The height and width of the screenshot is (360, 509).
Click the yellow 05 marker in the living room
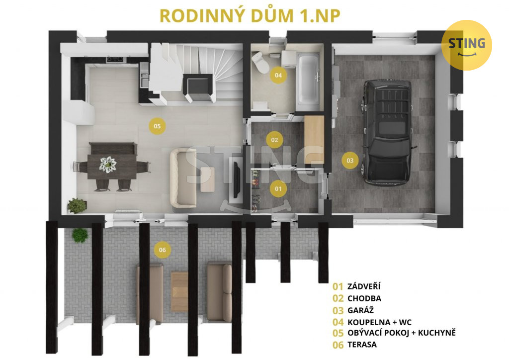click(157, 126)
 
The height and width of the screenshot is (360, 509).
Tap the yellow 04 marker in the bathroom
click(278, 75)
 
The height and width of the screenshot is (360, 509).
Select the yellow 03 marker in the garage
click(350, 161)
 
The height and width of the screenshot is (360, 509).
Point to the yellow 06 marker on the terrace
click(163, 250)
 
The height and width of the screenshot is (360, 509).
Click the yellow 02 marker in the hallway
click(274, 140)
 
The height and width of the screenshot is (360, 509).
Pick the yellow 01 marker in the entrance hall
click(278, 189)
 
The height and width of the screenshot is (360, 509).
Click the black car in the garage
click(388, 132)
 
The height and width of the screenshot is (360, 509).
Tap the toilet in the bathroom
click(260, 62)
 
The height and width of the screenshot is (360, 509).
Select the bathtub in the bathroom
click(308, 79)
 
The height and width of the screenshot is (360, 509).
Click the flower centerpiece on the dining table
click(108, 164)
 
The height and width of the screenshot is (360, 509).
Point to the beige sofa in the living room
click(183, 178)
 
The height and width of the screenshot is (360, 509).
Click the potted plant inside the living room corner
click(77, 206)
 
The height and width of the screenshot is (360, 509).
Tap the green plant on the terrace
click(80, 235)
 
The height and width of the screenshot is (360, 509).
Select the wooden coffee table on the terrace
click(179, 291)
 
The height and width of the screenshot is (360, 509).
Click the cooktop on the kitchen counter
click(115, 59)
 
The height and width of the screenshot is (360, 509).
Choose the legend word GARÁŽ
click(361, 310)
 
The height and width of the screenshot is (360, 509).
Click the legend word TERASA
click(362, 345)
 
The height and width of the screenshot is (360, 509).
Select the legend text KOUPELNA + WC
click(379, 322)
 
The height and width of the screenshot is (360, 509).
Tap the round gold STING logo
click(467, 45)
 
